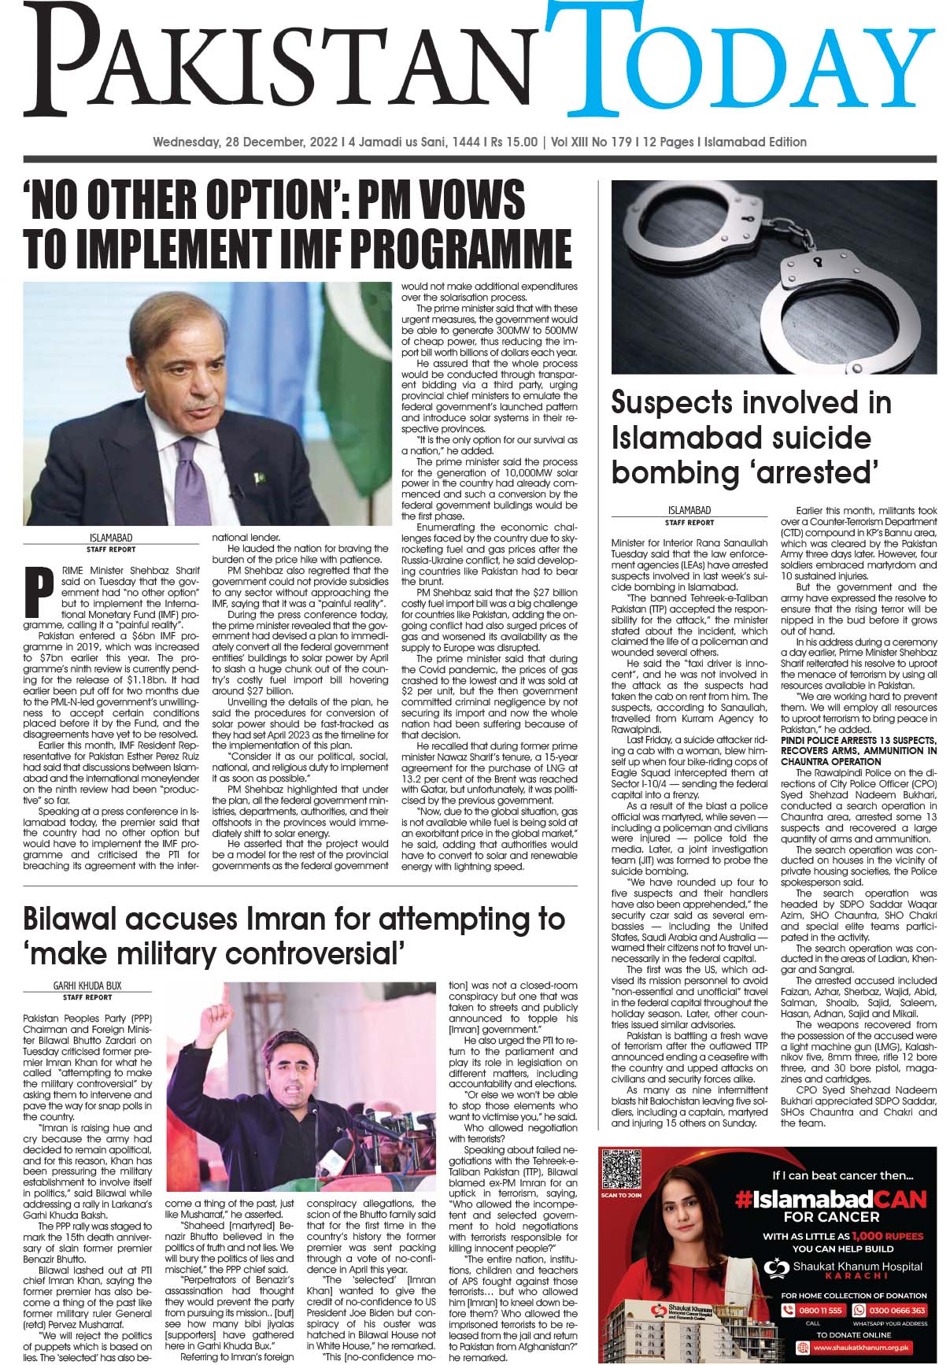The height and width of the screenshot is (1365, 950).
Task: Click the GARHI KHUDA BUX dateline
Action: click(87, 986)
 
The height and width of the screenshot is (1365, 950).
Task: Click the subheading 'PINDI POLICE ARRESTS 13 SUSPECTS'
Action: click(858, 741)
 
